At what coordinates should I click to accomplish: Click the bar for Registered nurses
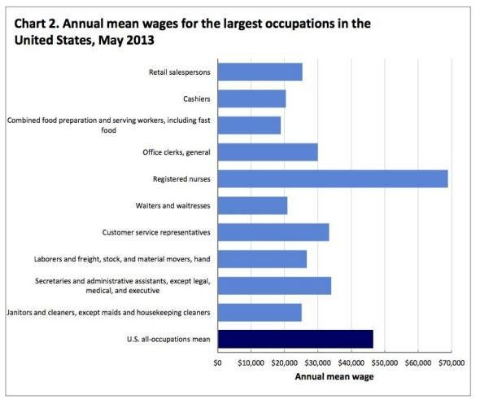click(x=333, y=179)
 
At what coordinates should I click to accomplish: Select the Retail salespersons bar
click(x=260, y=72)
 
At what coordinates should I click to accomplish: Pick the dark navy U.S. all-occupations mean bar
click(x=295, y=338)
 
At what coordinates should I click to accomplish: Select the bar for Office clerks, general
click(x=268, y=152)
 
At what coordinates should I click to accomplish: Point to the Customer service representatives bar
click(x=273, y=232)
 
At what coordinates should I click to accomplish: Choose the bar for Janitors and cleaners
click(x=260, y=312)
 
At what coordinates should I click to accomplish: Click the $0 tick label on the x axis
click(x=217, y=362)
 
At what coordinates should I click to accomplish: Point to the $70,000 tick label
click(x=452, y=362)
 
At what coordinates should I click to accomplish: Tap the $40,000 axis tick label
click(x=351, y=362)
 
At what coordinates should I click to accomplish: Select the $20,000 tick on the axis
click(x=285, y=362)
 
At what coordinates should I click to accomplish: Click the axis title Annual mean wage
click(x=334, y=376)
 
